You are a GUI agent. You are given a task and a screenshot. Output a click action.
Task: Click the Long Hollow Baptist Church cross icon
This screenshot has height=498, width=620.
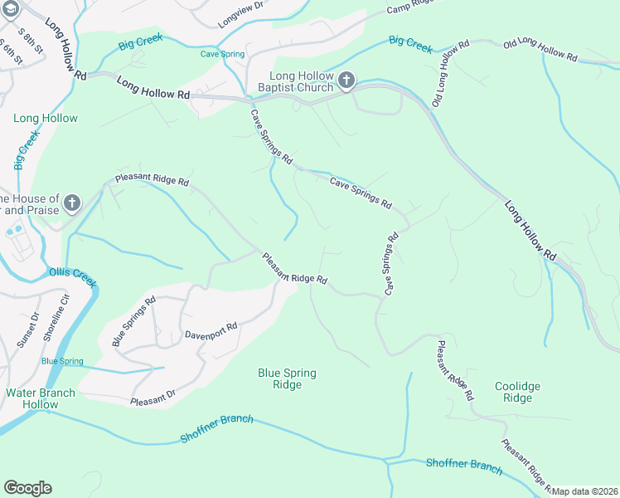[x=346, y=81]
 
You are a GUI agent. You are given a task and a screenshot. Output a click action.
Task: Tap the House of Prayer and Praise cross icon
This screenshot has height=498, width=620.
[x=72, y=203]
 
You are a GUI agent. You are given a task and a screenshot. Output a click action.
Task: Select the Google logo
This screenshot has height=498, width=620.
[x=27, y=487]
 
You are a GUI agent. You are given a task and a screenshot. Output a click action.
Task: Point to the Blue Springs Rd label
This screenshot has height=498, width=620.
[x=133, y=321]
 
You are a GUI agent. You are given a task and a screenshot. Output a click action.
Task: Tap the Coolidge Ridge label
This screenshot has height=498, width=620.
[x=517, y=392]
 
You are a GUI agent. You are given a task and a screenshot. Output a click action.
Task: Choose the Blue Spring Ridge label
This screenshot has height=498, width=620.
[x=287, y=378]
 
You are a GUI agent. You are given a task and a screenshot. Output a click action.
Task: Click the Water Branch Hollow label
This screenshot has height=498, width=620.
[x=40, y=398]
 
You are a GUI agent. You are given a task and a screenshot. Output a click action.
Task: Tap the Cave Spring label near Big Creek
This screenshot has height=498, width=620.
[x=223, y=54]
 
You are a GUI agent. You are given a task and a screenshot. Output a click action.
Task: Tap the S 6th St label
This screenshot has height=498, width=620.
[x=12, y=50]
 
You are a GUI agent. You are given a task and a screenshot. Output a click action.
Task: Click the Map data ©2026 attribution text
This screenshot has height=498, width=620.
[x=585, y=491]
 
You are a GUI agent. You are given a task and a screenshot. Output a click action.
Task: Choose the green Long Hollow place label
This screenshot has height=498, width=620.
[x=46, y=118]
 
